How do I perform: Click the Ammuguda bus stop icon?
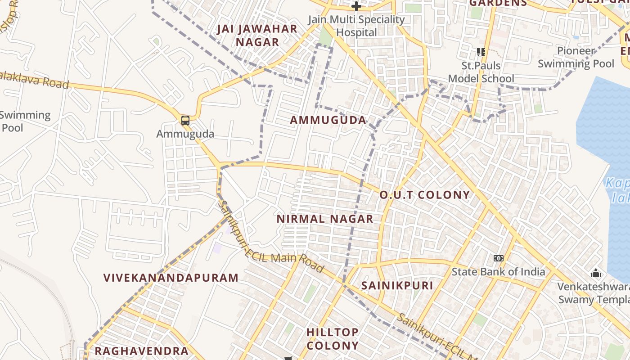(x=185, y=120)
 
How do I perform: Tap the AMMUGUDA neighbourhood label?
(x=328, y=120)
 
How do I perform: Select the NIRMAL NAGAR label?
(x=325, y=219)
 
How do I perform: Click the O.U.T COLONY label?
(x=425, y=195)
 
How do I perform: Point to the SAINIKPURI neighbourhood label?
(x=397, y=285)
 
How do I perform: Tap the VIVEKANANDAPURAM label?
(x=171, y=278)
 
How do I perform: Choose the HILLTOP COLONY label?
(x=333, y=339)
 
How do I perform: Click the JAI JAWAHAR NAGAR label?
(x=257, y=36)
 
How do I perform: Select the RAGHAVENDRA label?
(x=141, y=351)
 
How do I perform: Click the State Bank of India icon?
(x=498, y=258)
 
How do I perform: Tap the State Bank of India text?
(x=498, y=272)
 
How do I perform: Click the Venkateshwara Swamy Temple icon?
(x=596, y=273)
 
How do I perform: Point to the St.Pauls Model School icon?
(x=481, y=52)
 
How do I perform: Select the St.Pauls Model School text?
(x=481, y=72)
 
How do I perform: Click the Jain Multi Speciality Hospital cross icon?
(x=356, y=6)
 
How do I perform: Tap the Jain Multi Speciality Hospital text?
(x=356, y=26)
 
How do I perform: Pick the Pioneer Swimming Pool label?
(x=576, y=57)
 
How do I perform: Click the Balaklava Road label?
(x=34, y=80)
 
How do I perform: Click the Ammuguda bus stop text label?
(x=185, y=134)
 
